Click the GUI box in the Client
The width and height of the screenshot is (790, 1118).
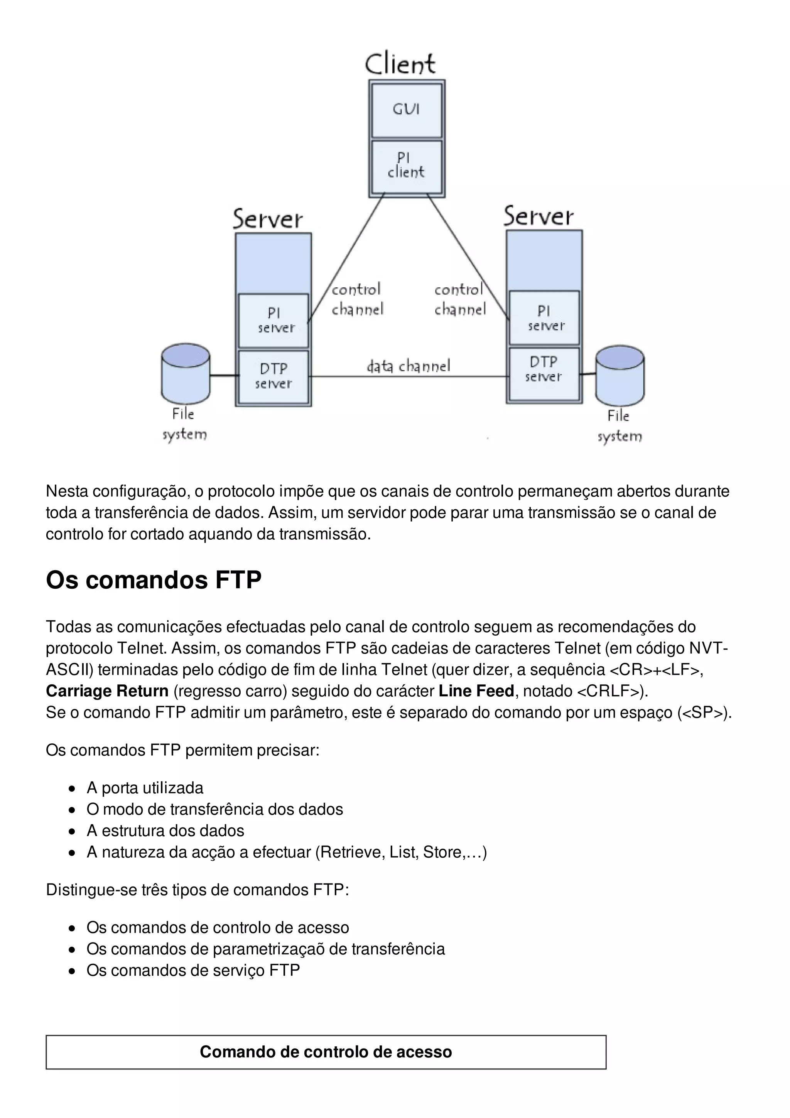tap(407, 110)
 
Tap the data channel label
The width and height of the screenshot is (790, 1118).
tap(409, 366)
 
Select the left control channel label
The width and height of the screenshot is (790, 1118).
tap(357, 299)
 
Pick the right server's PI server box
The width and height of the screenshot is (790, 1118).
tap(544, 318)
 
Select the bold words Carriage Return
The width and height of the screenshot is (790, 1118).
tap(107, 691)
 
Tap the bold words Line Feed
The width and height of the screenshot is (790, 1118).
tap(476, 691)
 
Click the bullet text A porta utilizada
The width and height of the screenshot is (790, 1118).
tap(145, 788)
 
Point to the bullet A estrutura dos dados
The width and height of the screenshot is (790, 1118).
tap(165, 831)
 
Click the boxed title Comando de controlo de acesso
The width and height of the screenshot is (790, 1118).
tap(326, 1052)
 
